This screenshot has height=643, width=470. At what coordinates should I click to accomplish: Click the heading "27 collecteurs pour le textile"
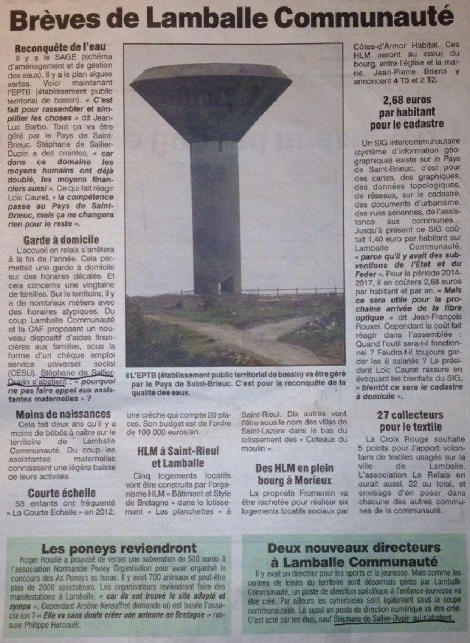[409, 421]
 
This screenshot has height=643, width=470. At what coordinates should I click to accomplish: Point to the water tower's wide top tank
[210, 98]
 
